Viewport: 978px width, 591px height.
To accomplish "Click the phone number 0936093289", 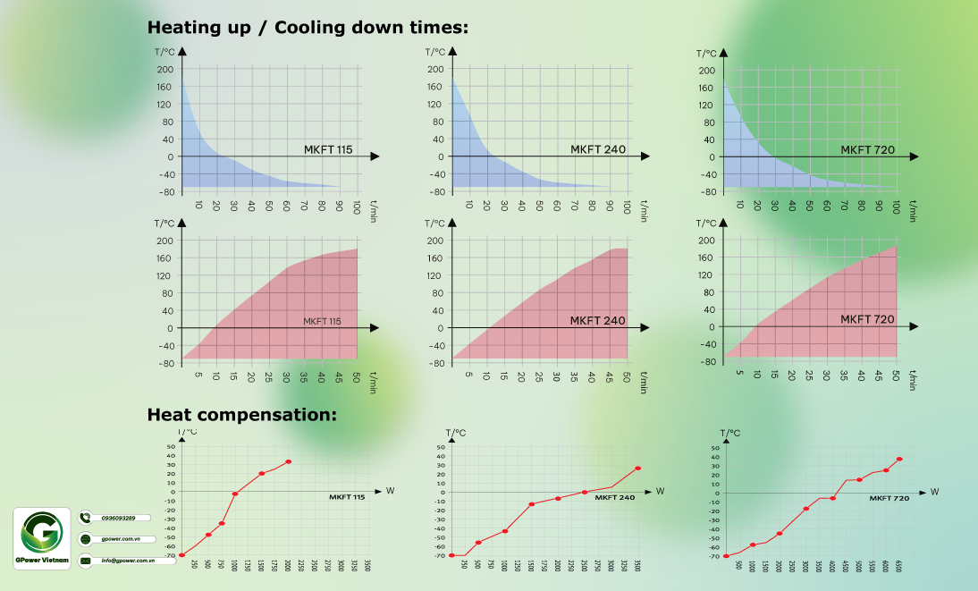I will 118,518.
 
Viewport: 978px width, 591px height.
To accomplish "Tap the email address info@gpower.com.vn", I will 128,561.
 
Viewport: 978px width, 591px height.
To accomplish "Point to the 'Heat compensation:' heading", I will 241,415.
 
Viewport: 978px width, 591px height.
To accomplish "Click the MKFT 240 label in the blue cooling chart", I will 598,149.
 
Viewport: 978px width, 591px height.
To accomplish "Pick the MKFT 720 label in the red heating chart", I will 867,319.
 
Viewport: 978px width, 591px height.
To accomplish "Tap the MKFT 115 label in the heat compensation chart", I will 347,497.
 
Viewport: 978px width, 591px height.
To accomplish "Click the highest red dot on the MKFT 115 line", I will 289,461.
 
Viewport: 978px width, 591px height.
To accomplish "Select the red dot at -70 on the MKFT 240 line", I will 451,555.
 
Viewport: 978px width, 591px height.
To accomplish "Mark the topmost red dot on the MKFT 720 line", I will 899,459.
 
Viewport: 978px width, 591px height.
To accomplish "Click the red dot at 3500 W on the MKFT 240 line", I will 638,468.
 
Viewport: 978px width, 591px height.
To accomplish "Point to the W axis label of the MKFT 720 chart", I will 934,492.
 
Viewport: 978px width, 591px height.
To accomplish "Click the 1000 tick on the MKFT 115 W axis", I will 234,566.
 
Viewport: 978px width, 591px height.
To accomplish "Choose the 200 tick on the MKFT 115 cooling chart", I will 164,69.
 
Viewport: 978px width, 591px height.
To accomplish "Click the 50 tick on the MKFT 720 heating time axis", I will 896,375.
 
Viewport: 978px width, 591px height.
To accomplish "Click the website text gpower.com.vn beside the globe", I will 115,540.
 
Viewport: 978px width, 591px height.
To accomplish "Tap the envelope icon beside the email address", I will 86,561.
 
